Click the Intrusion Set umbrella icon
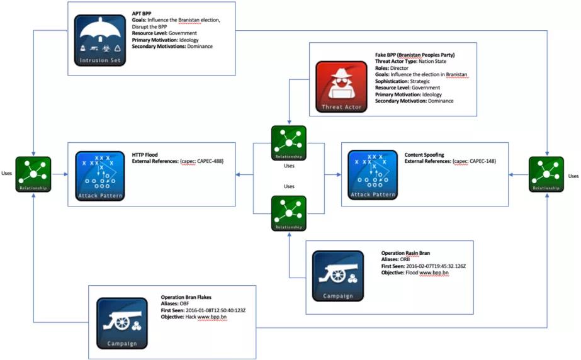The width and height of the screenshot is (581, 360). (100, 40)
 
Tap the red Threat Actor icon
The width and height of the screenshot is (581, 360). (342, 86)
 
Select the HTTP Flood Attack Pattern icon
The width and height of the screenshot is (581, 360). (100, 176)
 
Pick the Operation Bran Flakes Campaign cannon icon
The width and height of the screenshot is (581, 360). (122, 322)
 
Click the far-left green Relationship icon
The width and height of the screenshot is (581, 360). (33, 174)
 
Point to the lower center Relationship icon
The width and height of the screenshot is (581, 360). (288, 213)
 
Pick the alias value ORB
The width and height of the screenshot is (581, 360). (407, 259)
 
